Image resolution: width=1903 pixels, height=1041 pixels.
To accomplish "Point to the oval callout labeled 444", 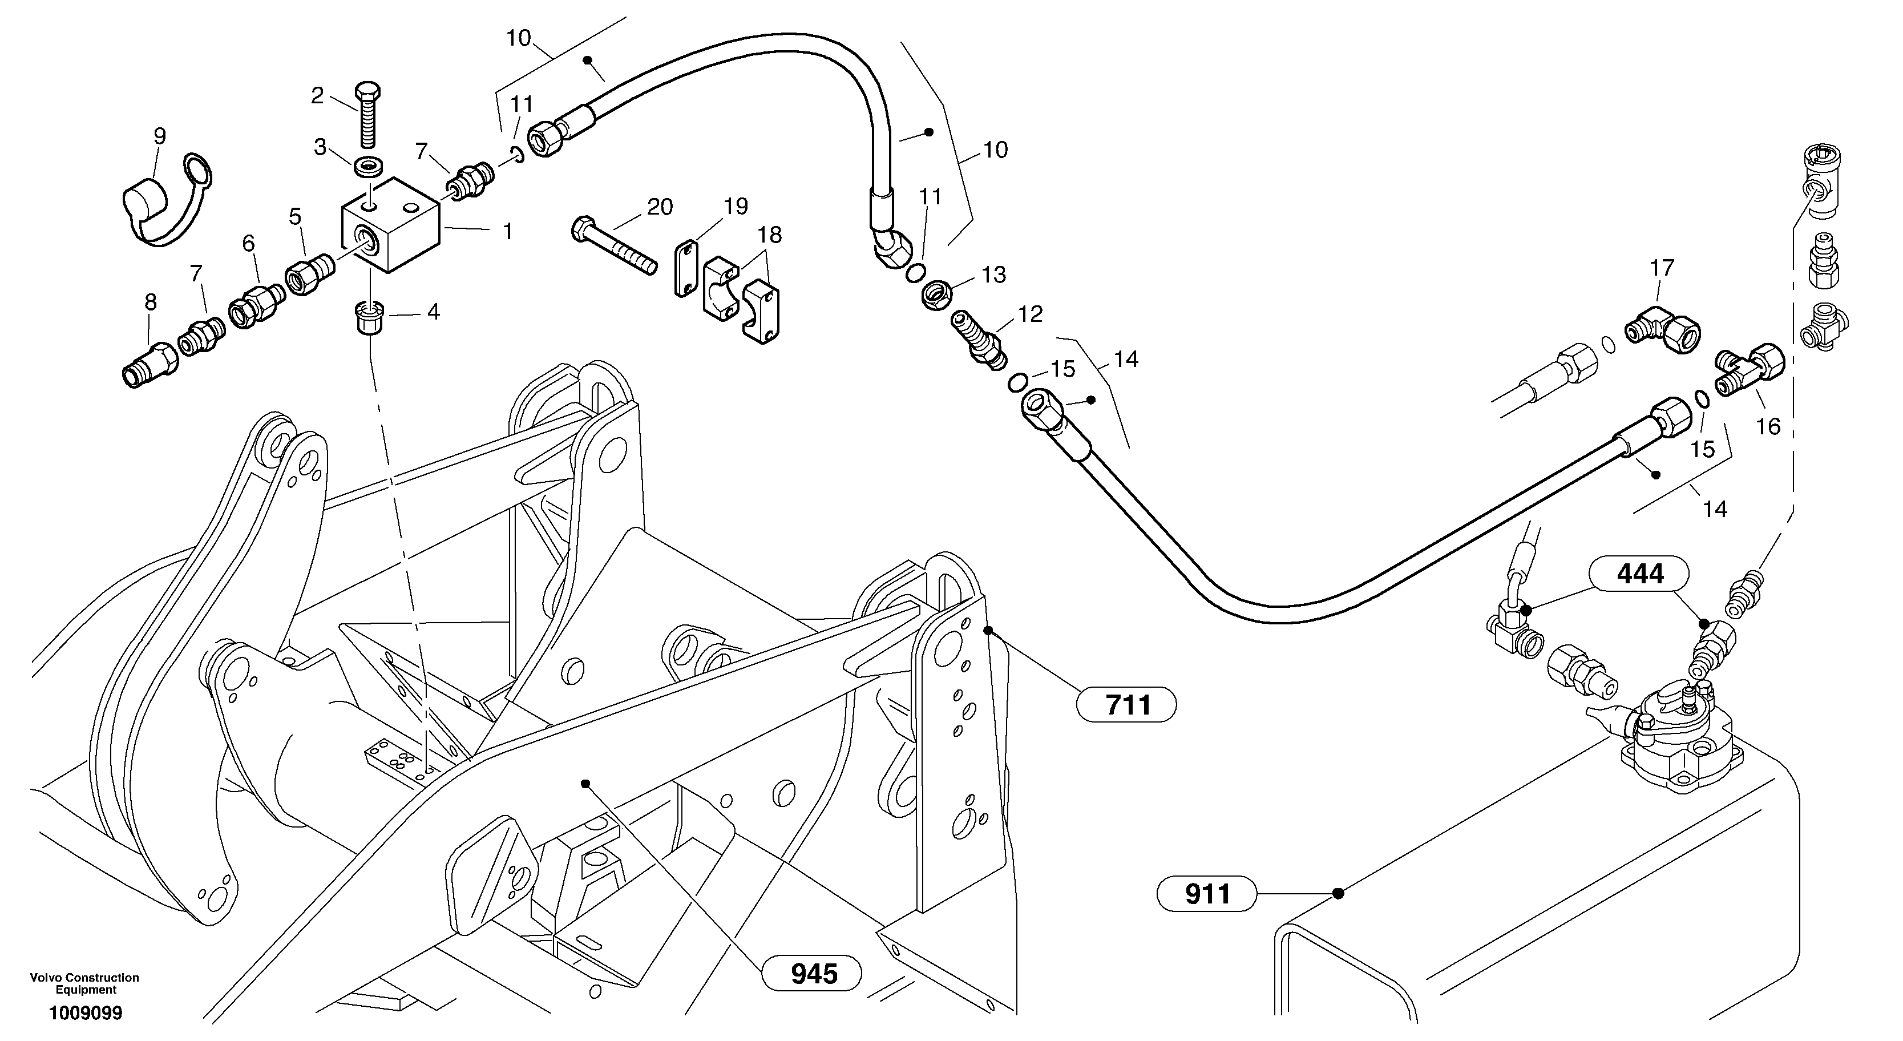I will [1640, 574].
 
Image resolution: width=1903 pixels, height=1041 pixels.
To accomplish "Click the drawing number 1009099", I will [86, 1013].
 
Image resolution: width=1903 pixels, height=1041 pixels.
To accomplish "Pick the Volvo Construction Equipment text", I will [85, 983].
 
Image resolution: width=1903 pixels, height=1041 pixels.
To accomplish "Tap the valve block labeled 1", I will [391, 225].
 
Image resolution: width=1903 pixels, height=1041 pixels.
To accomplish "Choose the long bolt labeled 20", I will [614, 247].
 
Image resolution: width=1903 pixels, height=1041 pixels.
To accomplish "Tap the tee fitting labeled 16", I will [1748, 371].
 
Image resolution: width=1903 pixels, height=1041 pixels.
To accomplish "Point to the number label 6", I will [248, 243].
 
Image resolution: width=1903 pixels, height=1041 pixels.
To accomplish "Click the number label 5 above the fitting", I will [296, 216].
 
